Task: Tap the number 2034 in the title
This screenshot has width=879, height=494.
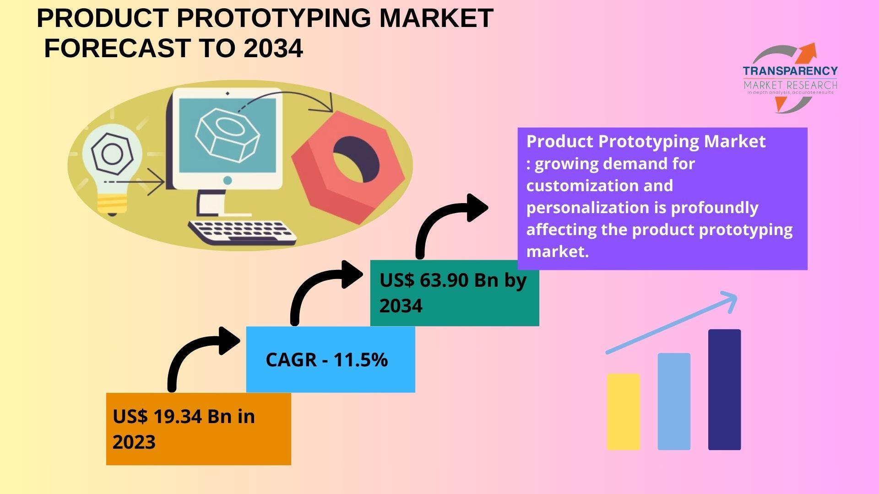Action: tap(273, 48)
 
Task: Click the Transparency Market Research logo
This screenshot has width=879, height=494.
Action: tap(791, 78)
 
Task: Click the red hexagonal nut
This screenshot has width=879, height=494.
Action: tap(348, 167)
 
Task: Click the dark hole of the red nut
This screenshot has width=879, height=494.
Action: tap(356, 159)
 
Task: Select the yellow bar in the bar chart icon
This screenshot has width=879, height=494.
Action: tap(624, 412)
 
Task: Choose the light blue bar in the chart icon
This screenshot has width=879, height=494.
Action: tap(674, 401)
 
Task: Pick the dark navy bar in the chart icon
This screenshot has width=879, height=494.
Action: tap(724, 390)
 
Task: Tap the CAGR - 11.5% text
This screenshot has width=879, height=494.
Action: tap(326, 360)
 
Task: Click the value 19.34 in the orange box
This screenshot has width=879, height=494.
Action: tap(178, 416)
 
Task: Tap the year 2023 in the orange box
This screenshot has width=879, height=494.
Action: tap(134, 442)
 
